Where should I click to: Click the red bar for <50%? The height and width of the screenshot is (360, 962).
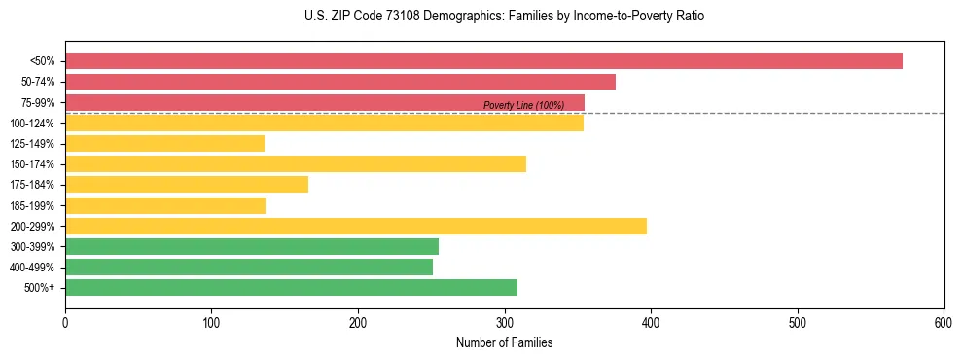483,61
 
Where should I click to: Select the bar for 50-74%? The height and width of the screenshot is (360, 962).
340,82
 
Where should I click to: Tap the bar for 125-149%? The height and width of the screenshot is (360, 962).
164,144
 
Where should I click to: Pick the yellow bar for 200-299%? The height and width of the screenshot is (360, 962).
356,227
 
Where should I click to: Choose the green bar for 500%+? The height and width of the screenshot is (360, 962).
291,288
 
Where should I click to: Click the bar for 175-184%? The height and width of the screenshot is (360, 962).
187,185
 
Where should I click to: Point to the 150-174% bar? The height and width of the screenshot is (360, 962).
296,164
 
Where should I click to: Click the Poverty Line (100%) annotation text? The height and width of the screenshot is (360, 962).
523,105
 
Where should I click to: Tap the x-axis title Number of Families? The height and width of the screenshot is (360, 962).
504,342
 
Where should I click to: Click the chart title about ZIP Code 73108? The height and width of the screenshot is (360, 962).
503,17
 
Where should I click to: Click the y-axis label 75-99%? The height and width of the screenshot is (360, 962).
37,103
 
